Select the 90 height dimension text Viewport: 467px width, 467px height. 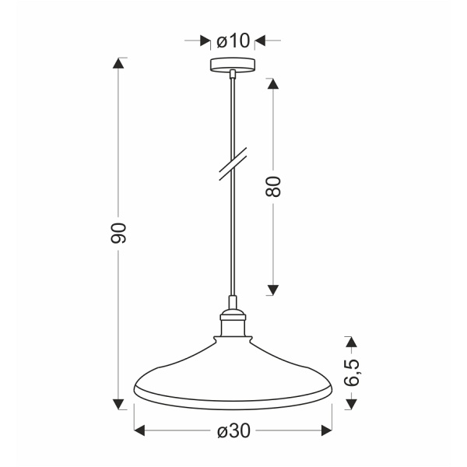point(118,232)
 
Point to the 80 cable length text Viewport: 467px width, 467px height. point(272,186)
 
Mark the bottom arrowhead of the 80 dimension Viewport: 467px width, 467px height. point(272,290)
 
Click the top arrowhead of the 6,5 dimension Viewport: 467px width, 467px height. point(351,342)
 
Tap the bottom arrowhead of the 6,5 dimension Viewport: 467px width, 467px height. point(351,403)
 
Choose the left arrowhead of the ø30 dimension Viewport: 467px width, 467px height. point(140,430)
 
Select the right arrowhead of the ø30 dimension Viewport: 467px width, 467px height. point(325,430)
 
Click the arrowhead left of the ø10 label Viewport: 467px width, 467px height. point(204,40)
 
